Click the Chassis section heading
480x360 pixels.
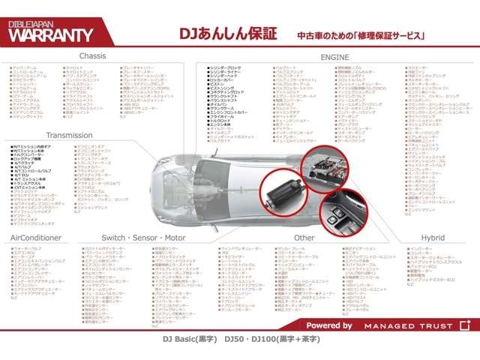[x=92, y=56]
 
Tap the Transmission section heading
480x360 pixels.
[x=69, y=135]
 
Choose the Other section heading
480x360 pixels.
[x=304, y=237]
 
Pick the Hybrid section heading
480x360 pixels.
[x=432, y=237]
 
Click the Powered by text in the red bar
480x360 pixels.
[x=329, y=325]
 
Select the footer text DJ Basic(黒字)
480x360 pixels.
[x=188, y=339]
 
